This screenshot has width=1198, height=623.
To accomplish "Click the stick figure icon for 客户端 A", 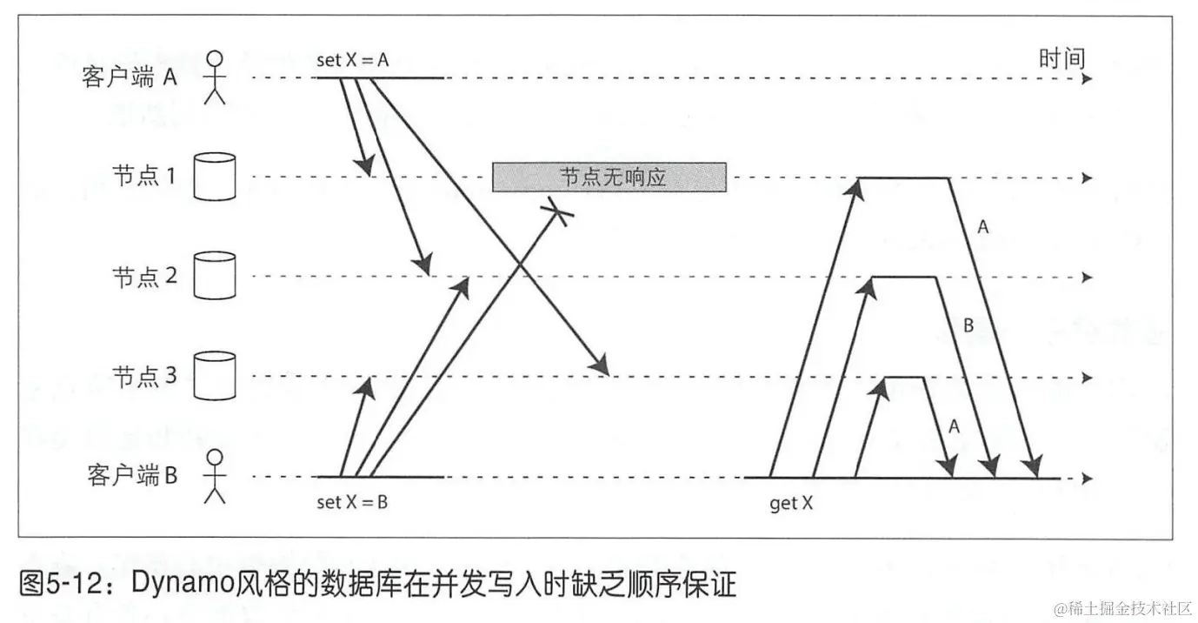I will click(x=214, y=77).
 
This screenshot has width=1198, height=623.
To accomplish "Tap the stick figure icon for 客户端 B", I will click(x=214, y=477).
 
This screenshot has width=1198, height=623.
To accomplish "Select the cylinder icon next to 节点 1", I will click(x=214, y=177).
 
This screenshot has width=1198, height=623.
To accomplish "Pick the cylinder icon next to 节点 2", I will click(x=214, y=276).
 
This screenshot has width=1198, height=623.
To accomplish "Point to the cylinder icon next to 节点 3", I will click(x=214, y=376).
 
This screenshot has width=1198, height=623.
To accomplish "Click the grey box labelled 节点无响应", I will click(x=609, y=177).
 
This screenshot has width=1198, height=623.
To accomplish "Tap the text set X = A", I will click(x=352, y=60).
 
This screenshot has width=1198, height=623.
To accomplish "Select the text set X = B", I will click(x=352, y=502).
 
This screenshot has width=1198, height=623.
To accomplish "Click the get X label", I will click(x=791, y=503).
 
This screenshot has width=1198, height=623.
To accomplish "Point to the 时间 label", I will click(x=1062, y=58).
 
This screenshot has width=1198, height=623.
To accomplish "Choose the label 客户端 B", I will click(x=132, y=477).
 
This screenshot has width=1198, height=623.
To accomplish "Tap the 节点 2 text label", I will click(x=144, y=277).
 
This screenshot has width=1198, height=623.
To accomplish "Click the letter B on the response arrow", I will click(x=968, y=327).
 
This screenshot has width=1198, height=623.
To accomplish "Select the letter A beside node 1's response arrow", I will click(x=983, y=227).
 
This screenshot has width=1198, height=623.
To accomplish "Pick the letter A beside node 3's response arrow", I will click(x=954, y=426).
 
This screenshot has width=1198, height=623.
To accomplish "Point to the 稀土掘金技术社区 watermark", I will click(x=1121, y=606).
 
